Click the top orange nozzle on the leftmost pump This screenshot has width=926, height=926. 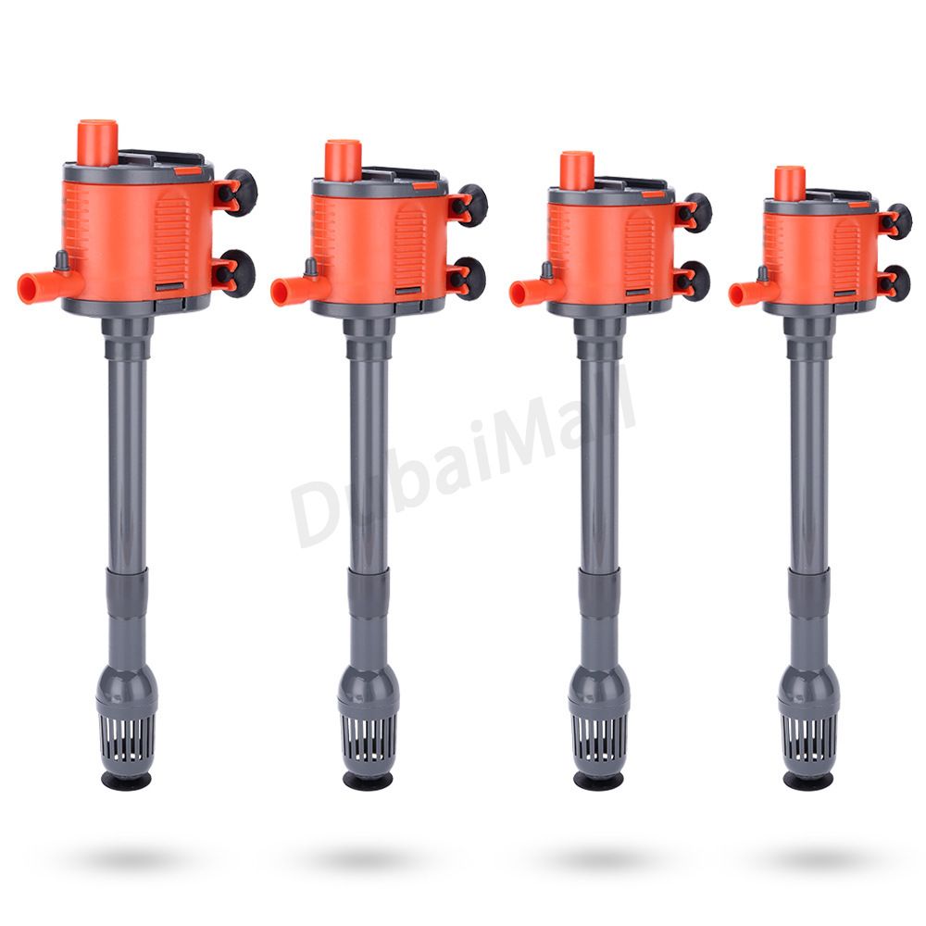(x=97, y=142)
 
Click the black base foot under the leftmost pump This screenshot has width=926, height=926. (x=127, y=782)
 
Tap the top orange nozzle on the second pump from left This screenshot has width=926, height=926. (x=342, y=160)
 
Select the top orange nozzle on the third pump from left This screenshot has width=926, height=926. (x=576, y=170)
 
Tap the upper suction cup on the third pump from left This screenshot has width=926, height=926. (x=696, y=212)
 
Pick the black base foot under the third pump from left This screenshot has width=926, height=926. (x=597, y=781)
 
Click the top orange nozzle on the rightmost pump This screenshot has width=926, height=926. (x=790, y=182)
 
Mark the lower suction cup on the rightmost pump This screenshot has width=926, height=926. (x=895, y=282)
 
